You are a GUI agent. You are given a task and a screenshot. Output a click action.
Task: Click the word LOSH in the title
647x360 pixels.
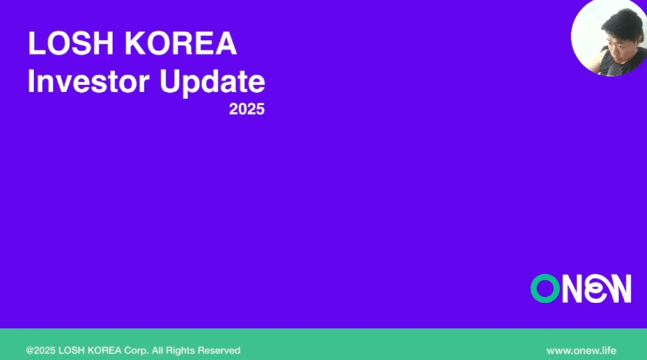[71, 44]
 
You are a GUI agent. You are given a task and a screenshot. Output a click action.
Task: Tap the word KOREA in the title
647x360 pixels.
[181, 44]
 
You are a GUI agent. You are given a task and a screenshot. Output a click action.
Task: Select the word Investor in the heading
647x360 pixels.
[88, 81]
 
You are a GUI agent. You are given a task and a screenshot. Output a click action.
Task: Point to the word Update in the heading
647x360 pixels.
[212, 83]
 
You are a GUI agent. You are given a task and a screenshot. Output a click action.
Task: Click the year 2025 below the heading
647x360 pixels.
[247, 109]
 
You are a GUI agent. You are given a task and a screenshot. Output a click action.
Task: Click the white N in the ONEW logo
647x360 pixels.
[574, 289]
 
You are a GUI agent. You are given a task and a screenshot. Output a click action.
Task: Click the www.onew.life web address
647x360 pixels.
[581, 351]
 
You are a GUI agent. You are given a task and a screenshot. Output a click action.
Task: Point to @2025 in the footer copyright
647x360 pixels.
[40, 351]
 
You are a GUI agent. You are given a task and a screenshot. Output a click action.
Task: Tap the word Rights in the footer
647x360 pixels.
[180, 351]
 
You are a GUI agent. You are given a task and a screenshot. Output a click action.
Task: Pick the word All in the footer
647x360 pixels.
[157, 351]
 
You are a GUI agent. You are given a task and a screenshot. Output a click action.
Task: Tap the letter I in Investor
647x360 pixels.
[30, 81]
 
